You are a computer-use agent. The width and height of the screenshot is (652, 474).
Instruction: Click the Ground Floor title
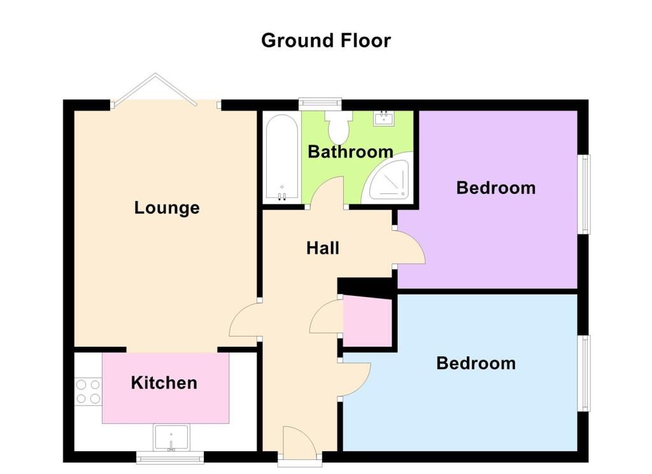coord(326,41)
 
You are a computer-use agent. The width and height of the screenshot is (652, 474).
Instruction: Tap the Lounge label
coord(167,207)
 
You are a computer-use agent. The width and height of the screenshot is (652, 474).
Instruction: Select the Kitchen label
coord(164,382)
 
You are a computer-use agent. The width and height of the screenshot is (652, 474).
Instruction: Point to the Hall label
coord(323,248)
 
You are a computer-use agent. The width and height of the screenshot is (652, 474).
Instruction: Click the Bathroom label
coord(351,151)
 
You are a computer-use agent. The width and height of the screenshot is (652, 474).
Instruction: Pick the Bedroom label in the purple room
coord(496,188)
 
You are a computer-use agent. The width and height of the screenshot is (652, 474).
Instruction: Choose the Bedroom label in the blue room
coord(476,363)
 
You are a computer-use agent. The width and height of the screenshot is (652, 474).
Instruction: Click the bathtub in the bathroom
coord(282,157)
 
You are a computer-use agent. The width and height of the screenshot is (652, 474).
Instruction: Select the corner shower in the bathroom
coord(388,178)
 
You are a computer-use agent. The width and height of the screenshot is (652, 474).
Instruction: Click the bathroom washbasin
coord(384,118)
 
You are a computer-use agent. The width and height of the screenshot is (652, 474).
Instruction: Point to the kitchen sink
coord(171,438)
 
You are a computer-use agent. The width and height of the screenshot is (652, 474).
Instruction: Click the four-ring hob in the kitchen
coord(88,391)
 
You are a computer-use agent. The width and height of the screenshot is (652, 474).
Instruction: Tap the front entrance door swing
coord(299,443)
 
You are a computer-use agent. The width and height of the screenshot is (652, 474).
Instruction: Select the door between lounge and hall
coord(245,320)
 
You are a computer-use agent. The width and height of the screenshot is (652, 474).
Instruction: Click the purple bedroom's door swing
coord(409,246)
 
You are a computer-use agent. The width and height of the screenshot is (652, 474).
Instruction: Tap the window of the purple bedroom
coord(585,195)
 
